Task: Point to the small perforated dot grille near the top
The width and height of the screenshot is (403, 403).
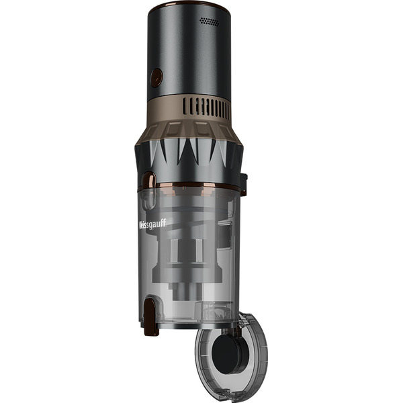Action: click(x=210, y=21)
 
